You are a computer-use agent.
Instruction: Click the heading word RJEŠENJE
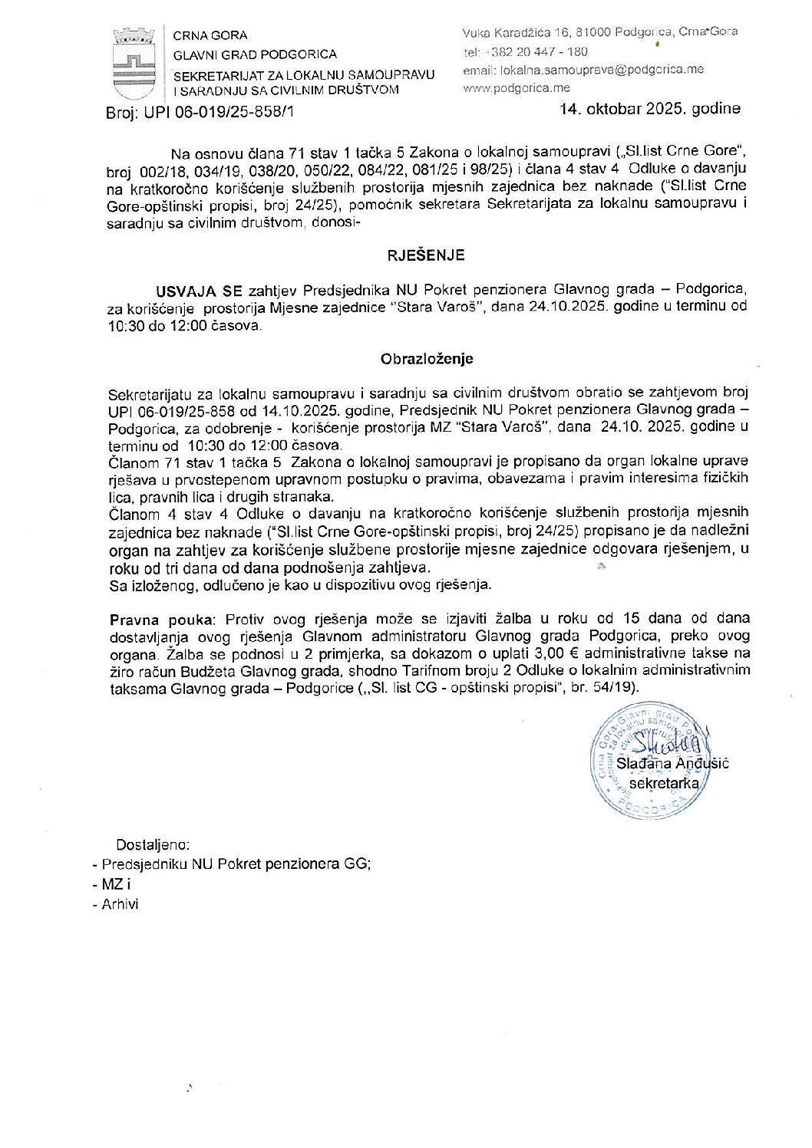pos(424,255)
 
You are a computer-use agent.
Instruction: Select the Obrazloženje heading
pos(426,359)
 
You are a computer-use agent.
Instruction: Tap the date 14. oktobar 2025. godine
pos(649,108)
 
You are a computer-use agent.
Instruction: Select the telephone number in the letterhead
pos(536,52)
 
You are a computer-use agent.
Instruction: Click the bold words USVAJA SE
pos(199,291)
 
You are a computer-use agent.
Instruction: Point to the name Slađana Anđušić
pos(672,763)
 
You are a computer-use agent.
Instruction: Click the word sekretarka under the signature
pos(664,783)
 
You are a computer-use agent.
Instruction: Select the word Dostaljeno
pos(152,844)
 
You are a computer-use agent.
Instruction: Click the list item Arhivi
pos(120,904)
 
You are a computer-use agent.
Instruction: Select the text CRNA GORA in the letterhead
pos(210,35)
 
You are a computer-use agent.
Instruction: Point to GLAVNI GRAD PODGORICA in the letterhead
pos(255,54)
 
